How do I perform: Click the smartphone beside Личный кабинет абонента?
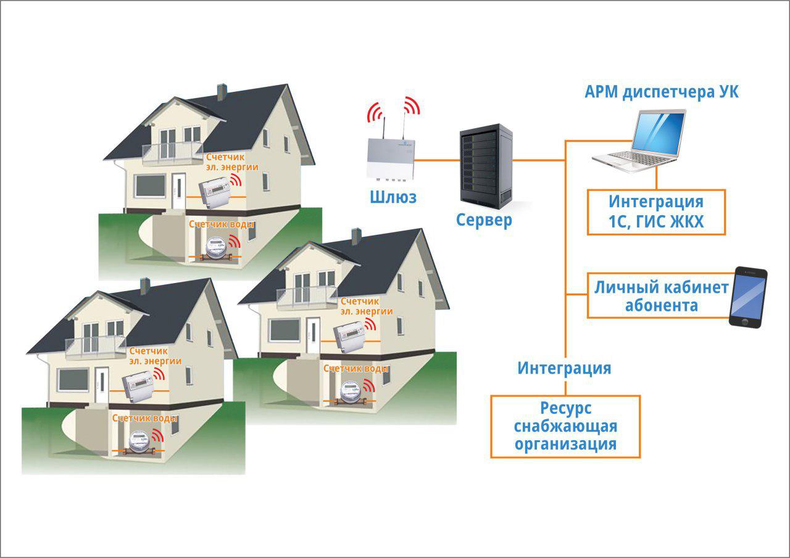[x=748, y=297]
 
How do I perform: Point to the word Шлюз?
[x=393, y=197]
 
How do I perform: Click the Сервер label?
[x=484, y=220]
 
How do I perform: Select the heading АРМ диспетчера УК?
[x=661, y=92]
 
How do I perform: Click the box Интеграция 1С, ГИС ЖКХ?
[x=655, y=212]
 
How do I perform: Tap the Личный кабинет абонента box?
[x=660, y=296]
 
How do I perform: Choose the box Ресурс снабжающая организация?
[x=565, y=426]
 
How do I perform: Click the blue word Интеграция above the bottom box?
[x=564, y=369]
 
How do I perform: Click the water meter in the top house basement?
[x=216, y=248]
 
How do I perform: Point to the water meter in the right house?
[x=349, y=391]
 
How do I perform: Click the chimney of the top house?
[x=222, y=92]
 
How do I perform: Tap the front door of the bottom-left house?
[x=102, y=385]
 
